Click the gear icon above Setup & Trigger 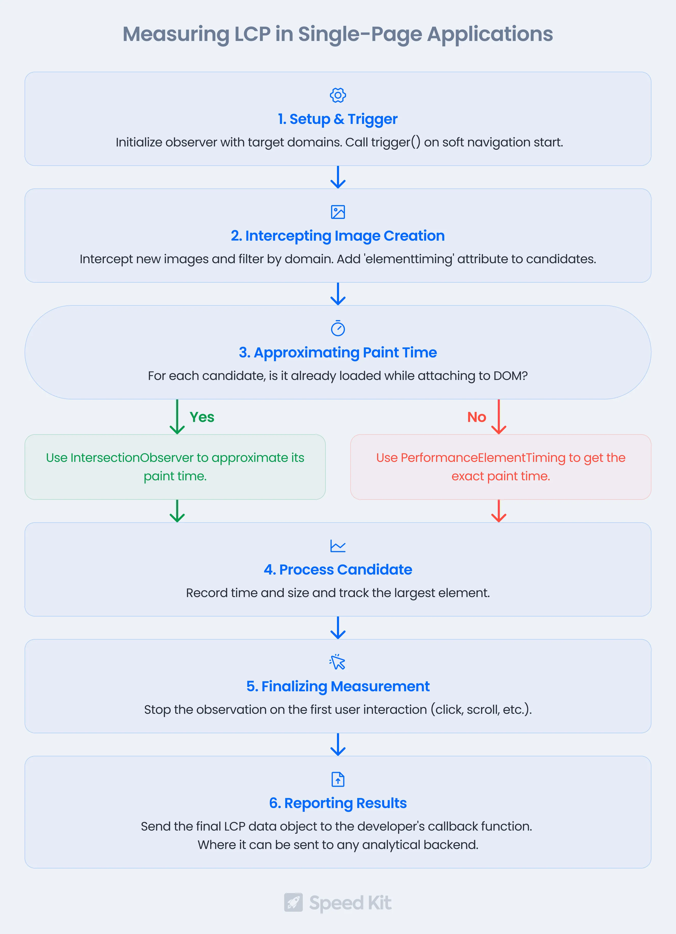tap(338, 95)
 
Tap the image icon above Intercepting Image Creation tap(338, 212)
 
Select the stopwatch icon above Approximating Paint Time tap(338, 328)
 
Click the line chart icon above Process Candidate tap(338, 546)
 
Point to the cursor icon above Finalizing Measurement tap(337, 662)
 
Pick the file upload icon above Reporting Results tap(338, 779)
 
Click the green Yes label tap(202, 417)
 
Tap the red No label tap(477, 417)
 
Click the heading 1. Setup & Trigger tap(338, 119)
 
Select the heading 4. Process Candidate tap(338, 570)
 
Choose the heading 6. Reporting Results tap(338, 803)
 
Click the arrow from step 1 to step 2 tap(338, 177)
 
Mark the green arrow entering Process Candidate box tap(177, 511)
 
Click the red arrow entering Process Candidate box tap(499, 511)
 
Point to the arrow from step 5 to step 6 tap(338, 745)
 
